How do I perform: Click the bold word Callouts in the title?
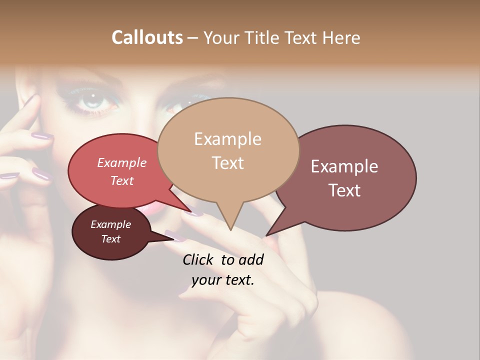(147, 37)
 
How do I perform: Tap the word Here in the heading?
(341, 37)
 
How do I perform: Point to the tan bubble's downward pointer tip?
(230, 229)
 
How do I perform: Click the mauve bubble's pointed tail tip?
(266, 235)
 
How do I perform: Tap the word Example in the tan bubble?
(227, 139)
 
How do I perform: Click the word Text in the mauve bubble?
(345, 190)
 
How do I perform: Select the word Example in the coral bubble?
(122, 162)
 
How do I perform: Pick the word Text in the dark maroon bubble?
(111, 239)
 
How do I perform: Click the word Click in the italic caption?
(198, 259)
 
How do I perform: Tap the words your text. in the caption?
(223, 280)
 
